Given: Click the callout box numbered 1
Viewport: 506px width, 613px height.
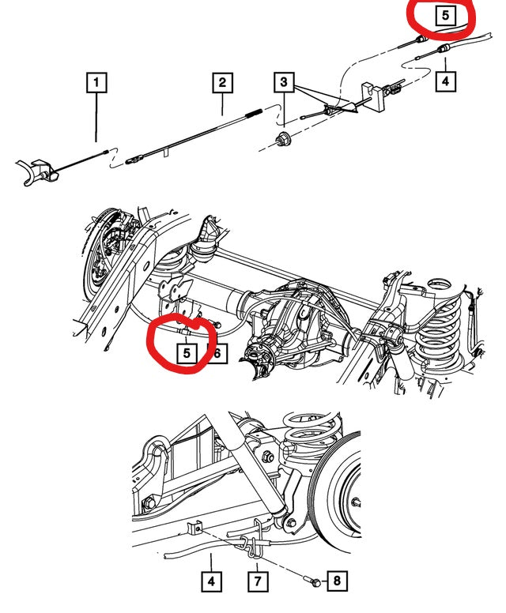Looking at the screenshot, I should tap(96, 81).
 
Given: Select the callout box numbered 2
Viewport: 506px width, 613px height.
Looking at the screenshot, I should tap(222, 82).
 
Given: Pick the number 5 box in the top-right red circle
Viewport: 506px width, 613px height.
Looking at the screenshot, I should tap(445, 14).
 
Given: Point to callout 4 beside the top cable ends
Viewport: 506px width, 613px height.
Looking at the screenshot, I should tap(445, 80).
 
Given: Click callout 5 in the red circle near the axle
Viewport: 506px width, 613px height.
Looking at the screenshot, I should tap(186, 353).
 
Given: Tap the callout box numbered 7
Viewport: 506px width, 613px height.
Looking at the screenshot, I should tap(258, 581).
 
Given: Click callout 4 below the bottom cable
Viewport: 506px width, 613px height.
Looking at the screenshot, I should tap(211, 581).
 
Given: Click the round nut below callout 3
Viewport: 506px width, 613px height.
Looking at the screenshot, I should tap(283, 141).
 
